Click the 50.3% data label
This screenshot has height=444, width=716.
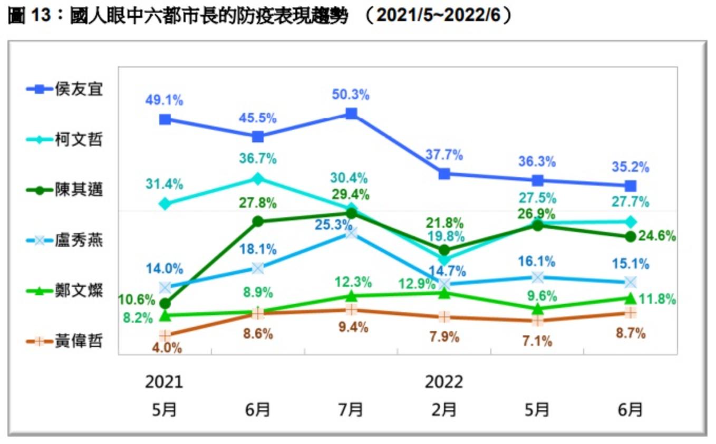[351, 95]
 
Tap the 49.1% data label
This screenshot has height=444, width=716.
[165, 100]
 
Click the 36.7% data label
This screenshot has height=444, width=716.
[257, 159]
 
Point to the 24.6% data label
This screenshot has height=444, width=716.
[657, 236]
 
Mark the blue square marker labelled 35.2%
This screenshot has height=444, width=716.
[630, 186]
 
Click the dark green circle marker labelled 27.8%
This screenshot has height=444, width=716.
[258, 221]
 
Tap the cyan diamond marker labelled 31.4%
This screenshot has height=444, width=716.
[165, 204]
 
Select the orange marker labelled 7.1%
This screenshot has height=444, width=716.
[537, 321]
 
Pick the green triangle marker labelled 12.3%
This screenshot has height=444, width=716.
[351, 296]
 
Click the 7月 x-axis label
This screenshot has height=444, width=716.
[351, 409]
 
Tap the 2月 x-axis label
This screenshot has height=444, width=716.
[444, 409]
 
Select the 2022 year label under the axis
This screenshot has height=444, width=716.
[444, 382]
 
